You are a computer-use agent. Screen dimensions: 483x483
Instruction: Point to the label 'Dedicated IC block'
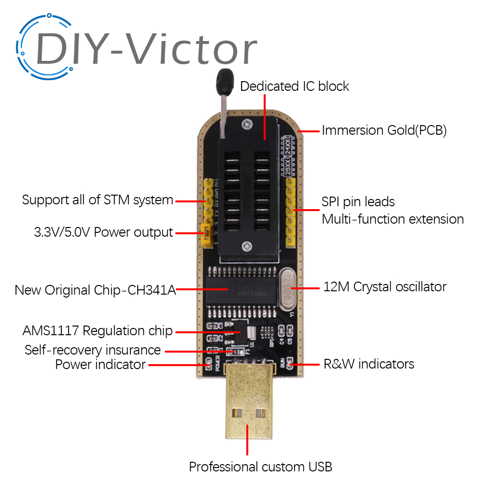pos(294,86)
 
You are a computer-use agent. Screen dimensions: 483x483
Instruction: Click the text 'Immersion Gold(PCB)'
pos(384,130)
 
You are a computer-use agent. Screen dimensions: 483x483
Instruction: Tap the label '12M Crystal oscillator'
pos(384,286)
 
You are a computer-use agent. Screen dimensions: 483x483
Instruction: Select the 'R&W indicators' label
pos(369,363)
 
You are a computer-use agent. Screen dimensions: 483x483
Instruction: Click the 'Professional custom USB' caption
pos(260,467)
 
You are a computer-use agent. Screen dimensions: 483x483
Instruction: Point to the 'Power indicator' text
pos(100,364)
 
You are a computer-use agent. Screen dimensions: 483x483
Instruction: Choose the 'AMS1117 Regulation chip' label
pos(97,331)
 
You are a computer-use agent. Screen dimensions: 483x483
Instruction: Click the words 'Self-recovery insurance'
pos(92,349)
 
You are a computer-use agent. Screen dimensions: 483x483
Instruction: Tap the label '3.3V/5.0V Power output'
pos(103,232)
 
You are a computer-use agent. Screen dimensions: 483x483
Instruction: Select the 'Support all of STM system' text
pos(98,199)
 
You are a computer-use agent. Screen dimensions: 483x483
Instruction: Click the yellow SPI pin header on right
pos(291,213)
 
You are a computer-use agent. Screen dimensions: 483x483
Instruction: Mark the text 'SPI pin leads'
pos(358,201)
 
